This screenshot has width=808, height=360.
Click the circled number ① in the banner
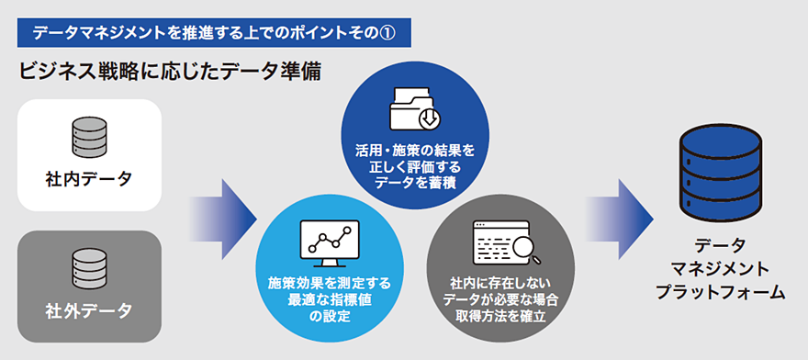click(387, 33)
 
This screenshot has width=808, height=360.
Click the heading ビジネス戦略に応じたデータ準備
click(170, 72)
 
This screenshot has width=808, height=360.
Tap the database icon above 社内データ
click(89, 137)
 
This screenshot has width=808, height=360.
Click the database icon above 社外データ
click(89, 269)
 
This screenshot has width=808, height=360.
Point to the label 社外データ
click(89, 311)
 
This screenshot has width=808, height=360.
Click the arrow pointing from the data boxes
click(223, 219)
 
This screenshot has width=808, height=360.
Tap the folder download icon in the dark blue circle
click(414, 108)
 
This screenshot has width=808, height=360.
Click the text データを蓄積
click(415, 183)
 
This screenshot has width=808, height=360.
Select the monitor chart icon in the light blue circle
click(330, 243)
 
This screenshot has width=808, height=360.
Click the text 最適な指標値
click(330, 299)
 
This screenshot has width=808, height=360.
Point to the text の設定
click(330, 316)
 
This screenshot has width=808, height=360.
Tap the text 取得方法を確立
click(500, 316)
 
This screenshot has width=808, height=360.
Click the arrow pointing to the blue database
click(620, 219)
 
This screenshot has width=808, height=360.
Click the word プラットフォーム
click(721, 292)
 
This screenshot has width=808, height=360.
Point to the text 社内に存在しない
click(500, 283)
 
